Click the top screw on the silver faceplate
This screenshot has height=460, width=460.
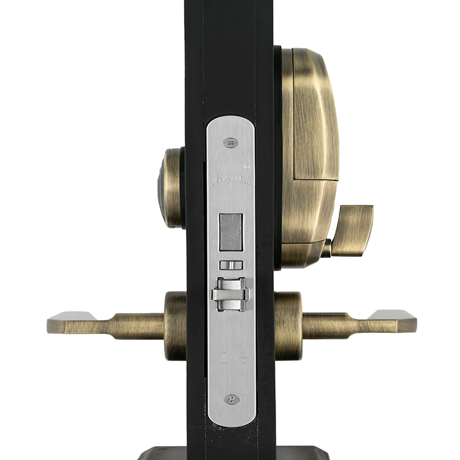pyautogui.click(x=231, y=143)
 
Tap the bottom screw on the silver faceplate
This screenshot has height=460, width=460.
pyautogui.click(x=232, y=399)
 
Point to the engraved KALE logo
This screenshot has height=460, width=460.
pyautogui.click(x=232, y=178)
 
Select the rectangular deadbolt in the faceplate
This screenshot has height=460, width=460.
pyautogui.click(x=231, y=232)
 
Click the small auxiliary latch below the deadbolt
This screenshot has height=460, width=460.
pyautogui.click(x=231, y=265)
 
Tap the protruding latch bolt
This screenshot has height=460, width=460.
pyautogui.click(x=231, y=294)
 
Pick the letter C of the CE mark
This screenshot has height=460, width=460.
pyautogui.click(x=223, y=358)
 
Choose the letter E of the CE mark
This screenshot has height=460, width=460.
pyautogui.click(x=242, y=358)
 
